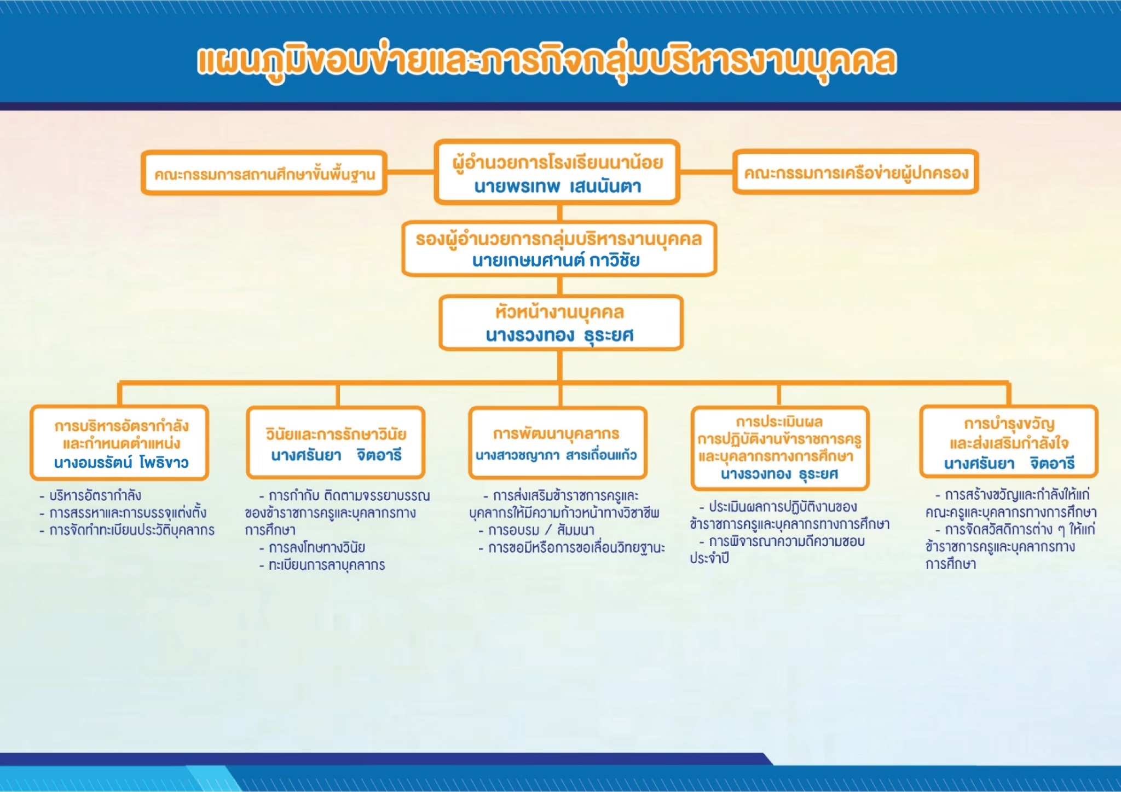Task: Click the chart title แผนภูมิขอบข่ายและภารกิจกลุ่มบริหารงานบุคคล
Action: coord(546,61)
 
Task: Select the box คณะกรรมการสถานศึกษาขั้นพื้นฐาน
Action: coord(264,173)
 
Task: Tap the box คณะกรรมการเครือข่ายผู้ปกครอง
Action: coord(856,172)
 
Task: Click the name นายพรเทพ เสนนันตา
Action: coord(557,187)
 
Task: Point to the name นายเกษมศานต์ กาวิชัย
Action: coord(556,261)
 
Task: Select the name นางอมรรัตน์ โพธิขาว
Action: coord(121,463)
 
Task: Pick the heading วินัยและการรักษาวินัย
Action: coord(336,434)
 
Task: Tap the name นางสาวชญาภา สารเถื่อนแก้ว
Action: coord(556,455)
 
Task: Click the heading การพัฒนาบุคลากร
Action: coord(556,433)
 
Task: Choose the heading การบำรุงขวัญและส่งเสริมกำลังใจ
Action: coord(1009,433)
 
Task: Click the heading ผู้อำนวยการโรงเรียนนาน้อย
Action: coord(557,163)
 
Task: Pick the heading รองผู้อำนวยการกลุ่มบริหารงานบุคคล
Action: coord(558,239)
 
